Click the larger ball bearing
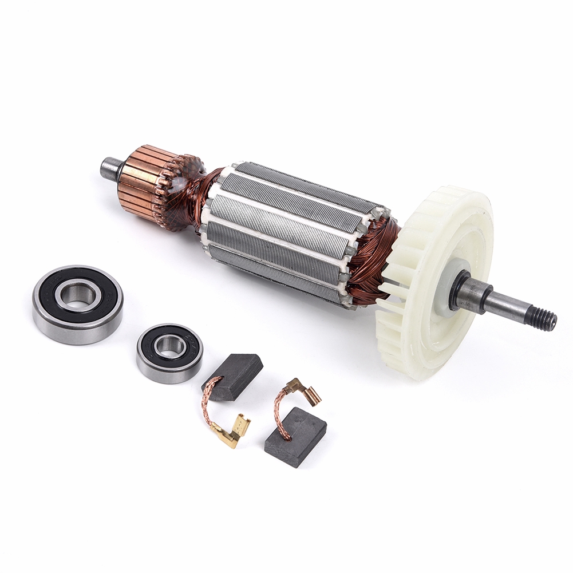(77, 304)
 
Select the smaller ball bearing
(169, 353)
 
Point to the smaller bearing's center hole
(169, 346)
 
